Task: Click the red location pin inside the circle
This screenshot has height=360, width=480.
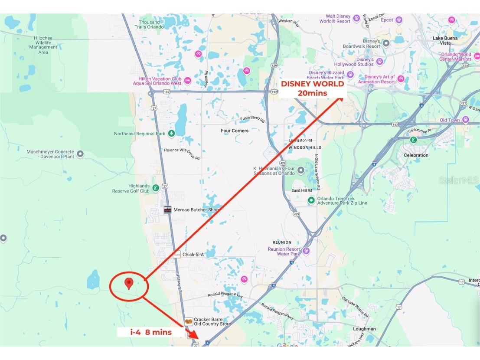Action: [128, 283]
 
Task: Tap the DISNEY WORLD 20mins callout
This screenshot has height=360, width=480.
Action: [312, 88]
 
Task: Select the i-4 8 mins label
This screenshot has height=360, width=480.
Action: [151, 332]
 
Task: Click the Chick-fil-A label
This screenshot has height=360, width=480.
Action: [193, 255]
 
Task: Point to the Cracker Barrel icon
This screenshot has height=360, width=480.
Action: [189, 321]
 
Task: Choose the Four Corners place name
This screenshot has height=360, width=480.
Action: [235, 131]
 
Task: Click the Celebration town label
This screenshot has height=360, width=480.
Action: [416, 155]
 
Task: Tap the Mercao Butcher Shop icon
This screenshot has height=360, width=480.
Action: [168, 210]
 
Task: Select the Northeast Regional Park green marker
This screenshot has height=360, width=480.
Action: [172, 134]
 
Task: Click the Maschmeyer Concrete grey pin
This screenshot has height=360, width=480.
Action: [80, 154]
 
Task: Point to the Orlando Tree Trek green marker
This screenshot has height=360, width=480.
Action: [311, 200]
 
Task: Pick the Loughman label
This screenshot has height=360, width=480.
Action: [364, 329]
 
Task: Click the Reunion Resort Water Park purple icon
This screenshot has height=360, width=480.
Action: [306, 251]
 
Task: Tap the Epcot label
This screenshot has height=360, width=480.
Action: [386, 20]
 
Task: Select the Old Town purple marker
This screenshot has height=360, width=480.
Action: [465, 120]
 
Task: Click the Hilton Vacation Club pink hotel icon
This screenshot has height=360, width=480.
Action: [188, 81]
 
